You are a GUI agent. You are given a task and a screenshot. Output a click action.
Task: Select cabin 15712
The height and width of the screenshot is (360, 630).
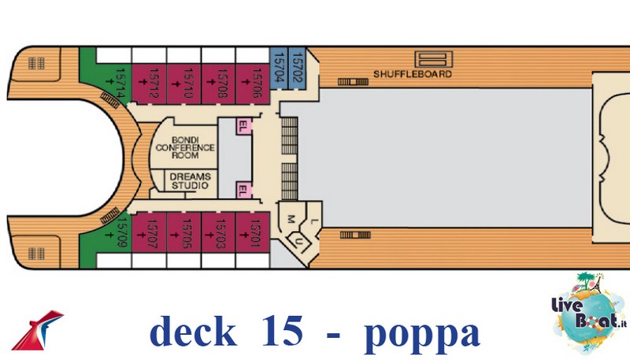tap(149, 84)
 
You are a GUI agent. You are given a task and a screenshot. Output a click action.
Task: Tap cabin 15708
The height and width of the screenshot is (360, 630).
tap(218, 84)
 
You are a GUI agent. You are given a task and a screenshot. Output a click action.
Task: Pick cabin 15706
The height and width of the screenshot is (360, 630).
tap(252, 84)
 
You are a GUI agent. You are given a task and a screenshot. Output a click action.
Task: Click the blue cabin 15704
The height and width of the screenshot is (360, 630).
tap(279, 69)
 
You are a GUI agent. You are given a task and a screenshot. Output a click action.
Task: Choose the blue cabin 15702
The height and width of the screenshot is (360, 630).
tap(298, 69)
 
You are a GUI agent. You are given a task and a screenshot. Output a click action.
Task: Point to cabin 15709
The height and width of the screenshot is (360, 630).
tap(113, 233)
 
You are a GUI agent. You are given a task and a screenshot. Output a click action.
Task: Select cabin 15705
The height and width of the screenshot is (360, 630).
tap(183, 232)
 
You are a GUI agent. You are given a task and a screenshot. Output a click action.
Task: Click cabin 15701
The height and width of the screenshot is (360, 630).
tap(252, 232)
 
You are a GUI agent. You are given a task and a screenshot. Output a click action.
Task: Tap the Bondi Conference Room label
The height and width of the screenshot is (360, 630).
tap(185, 147)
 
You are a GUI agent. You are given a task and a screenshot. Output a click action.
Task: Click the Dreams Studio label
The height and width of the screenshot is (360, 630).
tap(190, 181)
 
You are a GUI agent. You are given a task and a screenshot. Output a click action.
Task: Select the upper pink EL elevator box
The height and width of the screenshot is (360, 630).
tap(244, 126)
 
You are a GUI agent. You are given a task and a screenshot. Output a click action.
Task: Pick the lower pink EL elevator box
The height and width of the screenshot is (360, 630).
tap(244, 190)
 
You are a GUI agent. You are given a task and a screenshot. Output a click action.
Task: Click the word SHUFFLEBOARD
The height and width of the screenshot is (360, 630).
tap(413, 74)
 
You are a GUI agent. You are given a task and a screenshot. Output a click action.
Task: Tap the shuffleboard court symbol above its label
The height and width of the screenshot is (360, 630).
tap(434, 59)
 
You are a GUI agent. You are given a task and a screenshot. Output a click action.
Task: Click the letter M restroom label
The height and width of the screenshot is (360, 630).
tap(291, 219)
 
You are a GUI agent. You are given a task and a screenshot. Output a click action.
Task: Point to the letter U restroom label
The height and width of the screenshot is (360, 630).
tap(298, 241)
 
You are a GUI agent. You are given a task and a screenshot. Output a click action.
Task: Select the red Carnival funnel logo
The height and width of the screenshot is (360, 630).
tap(37, 329)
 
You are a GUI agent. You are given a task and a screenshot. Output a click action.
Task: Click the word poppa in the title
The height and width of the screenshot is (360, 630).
tap(422, 333)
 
